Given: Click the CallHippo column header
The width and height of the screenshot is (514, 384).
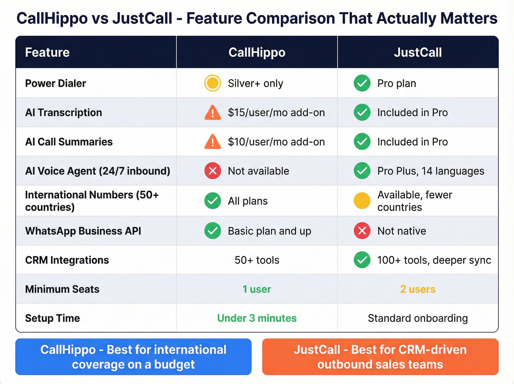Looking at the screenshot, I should [x=257, y=53].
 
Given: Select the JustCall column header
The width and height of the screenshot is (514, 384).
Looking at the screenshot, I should [x=418, y=53].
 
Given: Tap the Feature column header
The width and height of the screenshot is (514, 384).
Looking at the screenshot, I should [x=47, y=53].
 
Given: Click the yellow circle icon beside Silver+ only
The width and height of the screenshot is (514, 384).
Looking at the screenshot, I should [x=213, y=83].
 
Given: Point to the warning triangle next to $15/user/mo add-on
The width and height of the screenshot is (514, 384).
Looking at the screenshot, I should [x=213, y=112].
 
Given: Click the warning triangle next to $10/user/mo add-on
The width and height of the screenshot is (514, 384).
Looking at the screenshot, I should [x=213, y=142].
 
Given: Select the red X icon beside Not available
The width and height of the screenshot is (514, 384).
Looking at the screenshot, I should [x=213, y=171].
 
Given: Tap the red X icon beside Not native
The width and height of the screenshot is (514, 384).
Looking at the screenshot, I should [x=362, y=231].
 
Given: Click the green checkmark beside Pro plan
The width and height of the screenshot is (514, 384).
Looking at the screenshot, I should [x=362, y=83].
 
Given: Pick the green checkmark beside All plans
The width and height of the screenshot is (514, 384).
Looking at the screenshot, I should [x=213, y=201].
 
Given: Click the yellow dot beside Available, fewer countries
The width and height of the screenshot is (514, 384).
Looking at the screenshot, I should [x=362, y=201].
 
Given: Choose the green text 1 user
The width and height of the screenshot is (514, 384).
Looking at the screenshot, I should [x=257, y=289].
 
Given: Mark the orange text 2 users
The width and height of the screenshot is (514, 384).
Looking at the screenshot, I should [x=418, y=289].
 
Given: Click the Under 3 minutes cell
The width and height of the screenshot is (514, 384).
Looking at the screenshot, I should [x=257, y=318].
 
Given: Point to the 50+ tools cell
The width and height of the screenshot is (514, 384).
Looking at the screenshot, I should [x=257, y=260].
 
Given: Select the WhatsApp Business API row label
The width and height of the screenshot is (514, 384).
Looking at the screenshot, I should [x=83, y=231].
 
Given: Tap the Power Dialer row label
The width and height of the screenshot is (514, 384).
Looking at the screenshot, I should [x=55, y=83].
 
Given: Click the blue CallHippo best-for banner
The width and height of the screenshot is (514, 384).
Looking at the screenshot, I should [x=133, y=357].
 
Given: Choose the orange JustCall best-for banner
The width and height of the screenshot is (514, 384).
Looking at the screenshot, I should [x=380, y=357].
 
